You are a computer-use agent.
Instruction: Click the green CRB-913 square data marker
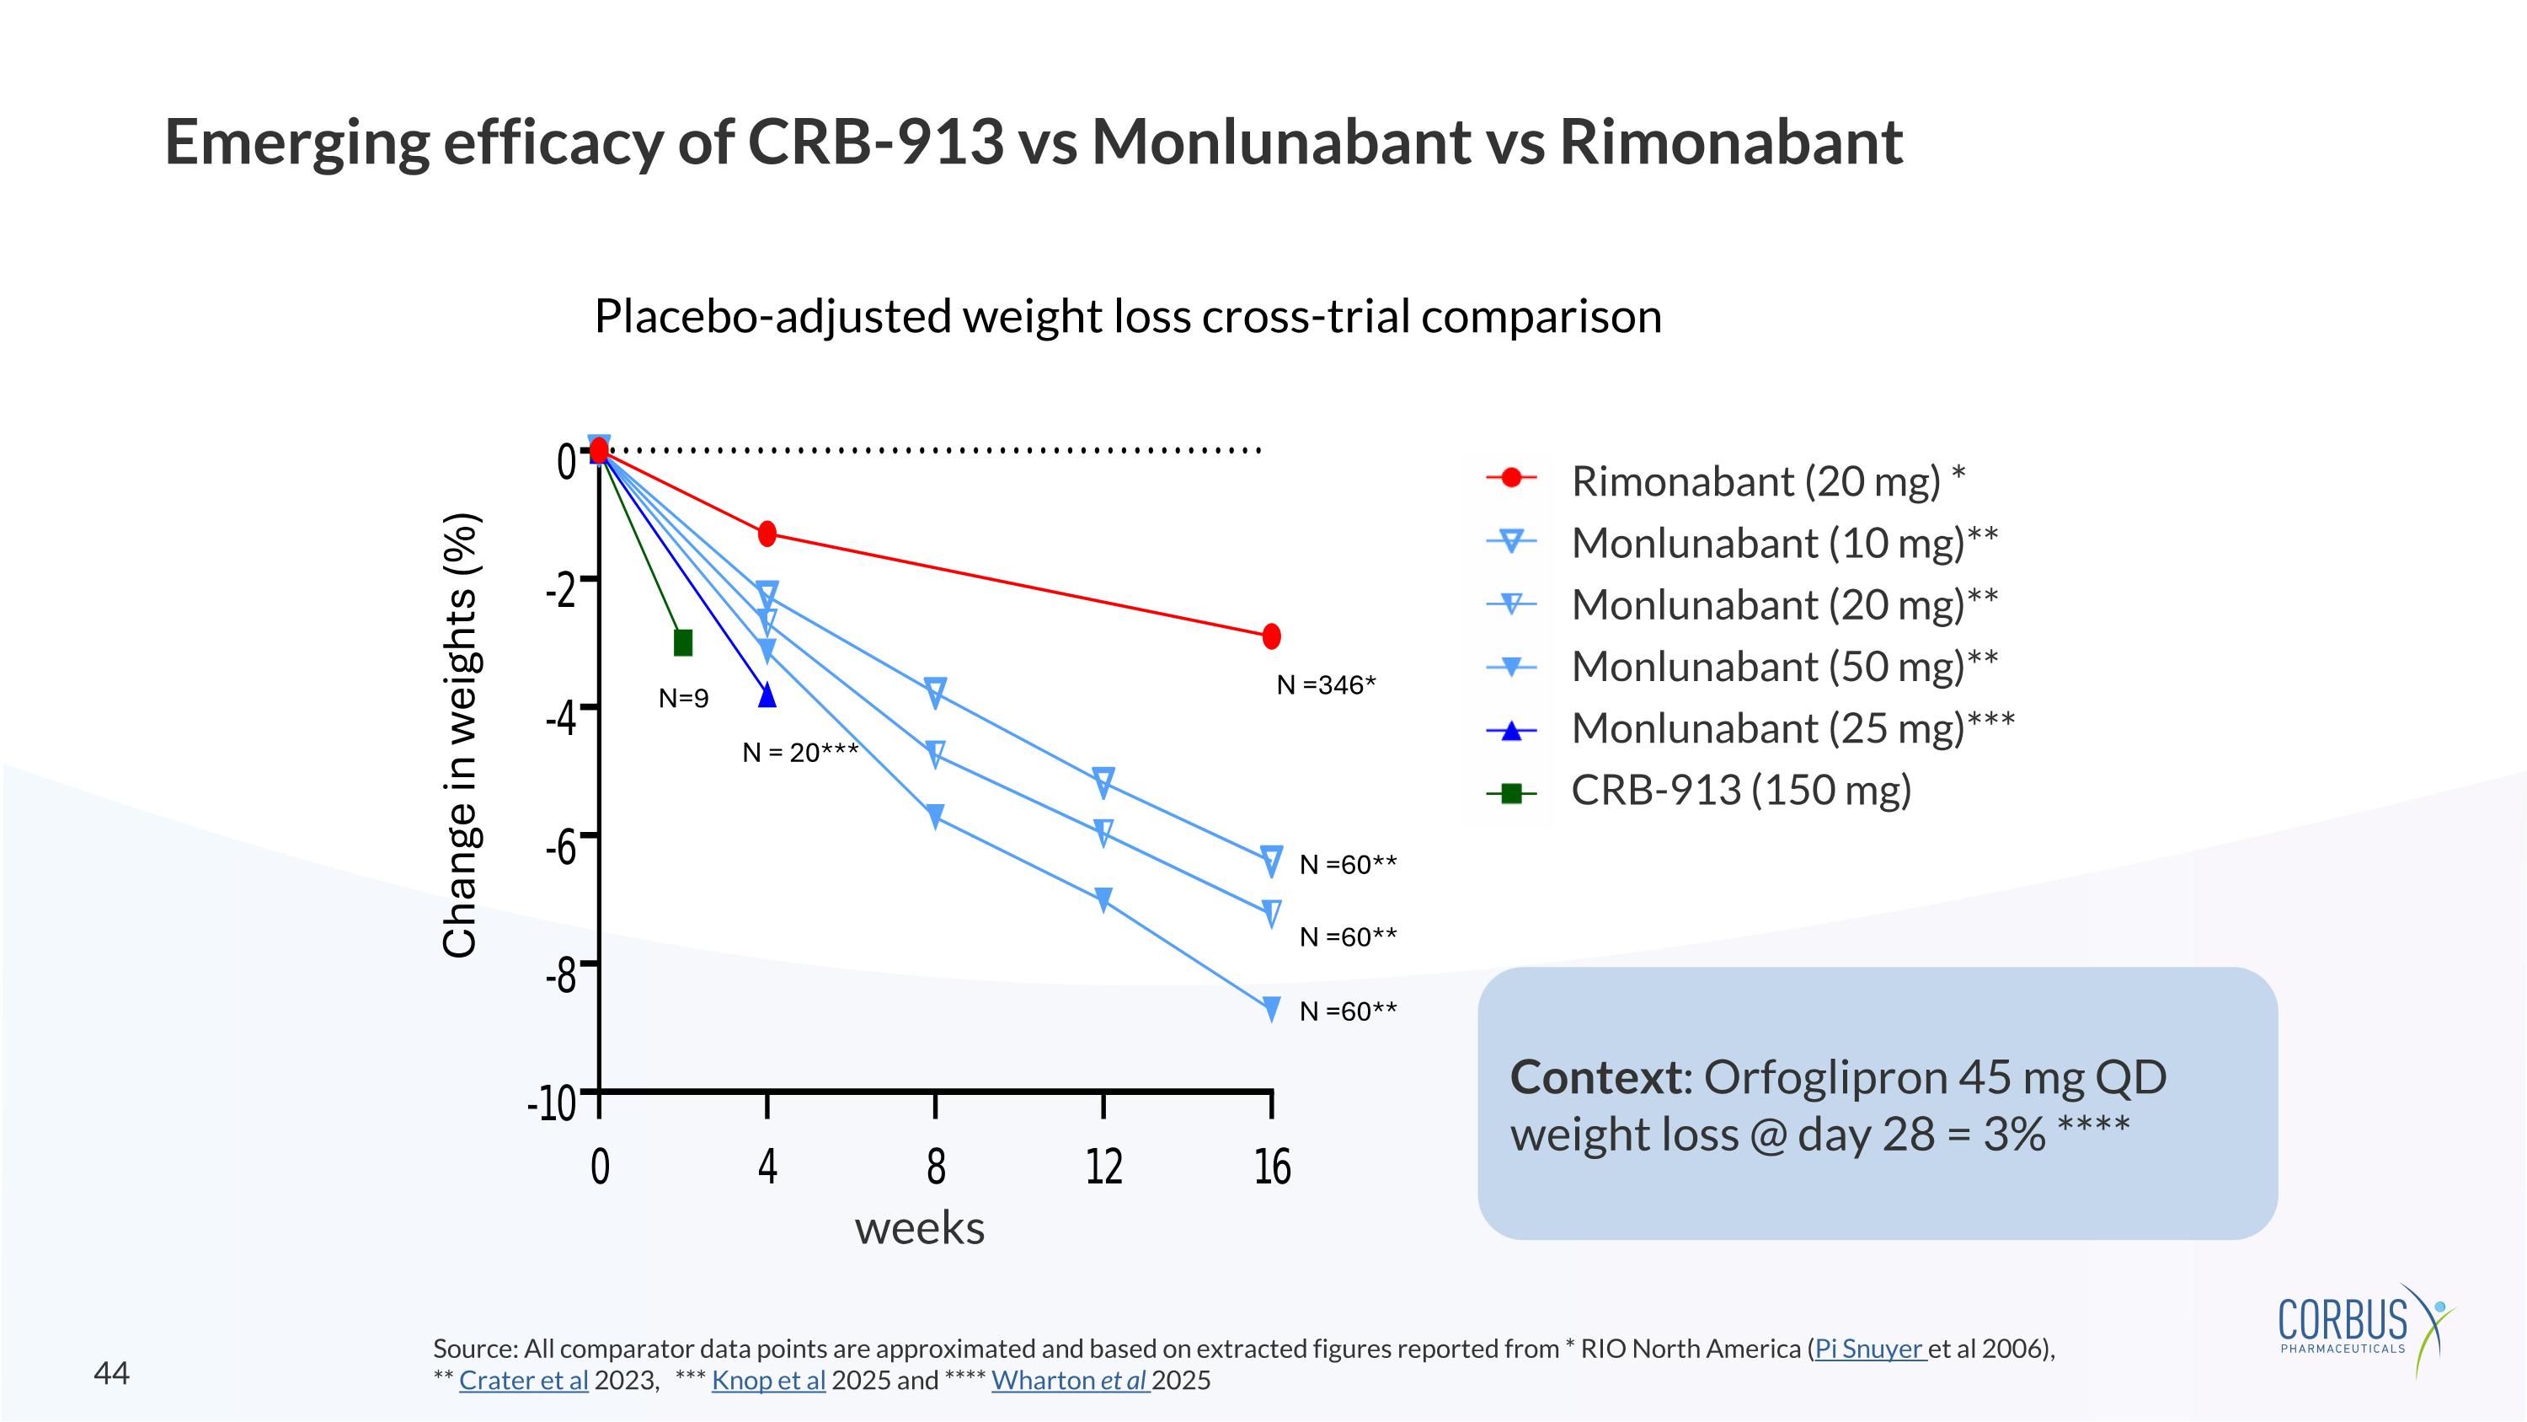coord(684,643)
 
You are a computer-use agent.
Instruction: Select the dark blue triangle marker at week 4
coord(767,695)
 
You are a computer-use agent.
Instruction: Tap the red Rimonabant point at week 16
coord(1271,636)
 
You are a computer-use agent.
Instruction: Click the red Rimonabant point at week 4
coord(767,533)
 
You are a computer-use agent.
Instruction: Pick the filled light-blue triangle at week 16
coord(1271,1008)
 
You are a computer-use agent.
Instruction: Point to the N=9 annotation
coord(684,699)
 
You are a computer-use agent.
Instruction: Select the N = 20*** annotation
coord(800,753)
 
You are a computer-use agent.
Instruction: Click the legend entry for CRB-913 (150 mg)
coord(1740,790)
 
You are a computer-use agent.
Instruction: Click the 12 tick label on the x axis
coord(1103,1167)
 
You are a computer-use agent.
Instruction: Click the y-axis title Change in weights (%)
coord(460,735)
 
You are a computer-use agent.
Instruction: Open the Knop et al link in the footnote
coord(768,1381)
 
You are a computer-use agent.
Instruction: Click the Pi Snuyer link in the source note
coord(1870,1350)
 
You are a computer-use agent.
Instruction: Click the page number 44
coord(111,1373)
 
